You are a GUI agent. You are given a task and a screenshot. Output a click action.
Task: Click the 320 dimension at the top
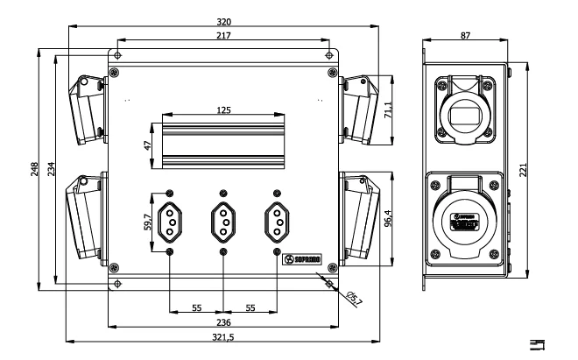tap(227, 22)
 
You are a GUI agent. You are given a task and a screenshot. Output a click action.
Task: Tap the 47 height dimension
tap(149, 145)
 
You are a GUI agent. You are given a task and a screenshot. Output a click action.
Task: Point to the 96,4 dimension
tap(387, 213)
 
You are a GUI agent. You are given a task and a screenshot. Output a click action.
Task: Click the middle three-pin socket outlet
tap(224, 223)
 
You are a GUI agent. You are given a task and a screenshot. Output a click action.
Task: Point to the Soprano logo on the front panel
tap(306, 259)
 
